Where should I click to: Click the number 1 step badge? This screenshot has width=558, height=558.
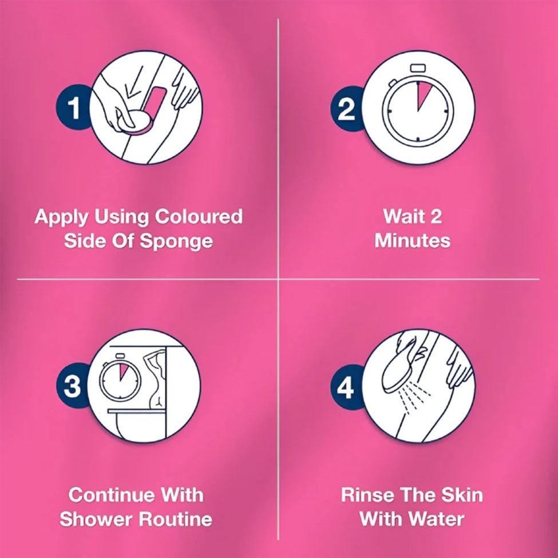[x=73, y=107]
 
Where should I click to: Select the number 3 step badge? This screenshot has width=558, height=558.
[x=73, y=386]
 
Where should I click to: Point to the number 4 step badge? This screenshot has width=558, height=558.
[x=346, y=387]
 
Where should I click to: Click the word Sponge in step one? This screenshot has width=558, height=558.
[x=176, y=242]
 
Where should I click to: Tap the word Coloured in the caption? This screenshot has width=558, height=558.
[x=199, y=216]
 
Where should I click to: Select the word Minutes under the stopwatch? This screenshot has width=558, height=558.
[x=413, y=240]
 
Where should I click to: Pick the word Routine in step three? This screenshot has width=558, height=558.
[x=176, y=519]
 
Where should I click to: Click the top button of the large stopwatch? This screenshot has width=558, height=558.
[x=417, y=68]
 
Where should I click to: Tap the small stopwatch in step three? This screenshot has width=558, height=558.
[x=120, y=378]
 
